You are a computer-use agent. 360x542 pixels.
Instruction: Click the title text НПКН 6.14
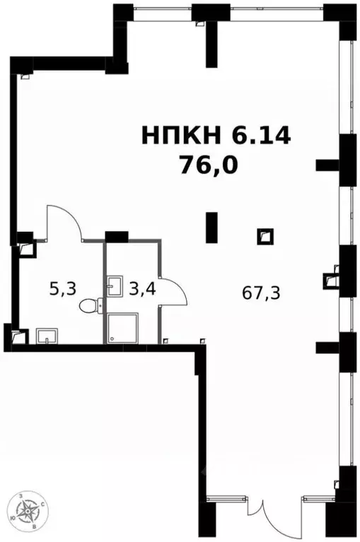[x=216, y=135]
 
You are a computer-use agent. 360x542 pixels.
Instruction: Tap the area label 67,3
[x=262, y=293]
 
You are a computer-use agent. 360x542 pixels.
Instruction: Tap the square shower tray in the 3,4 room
[x=124, y=327]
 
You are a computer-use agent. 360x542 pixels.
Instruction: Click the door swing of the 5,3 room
[x=65, y=223]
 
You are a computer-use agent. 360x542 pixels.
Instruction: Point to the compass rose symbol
[x=29, y=514]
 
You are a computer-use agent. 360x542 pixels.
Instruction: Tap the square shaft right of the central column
[x=265, y=236]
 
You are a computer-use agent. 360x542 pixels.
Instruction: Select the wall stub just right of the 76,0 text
[x=327, y=165]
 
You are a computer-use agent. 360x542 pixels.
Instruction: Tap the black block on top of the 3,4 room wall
[x=116, y=236]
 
